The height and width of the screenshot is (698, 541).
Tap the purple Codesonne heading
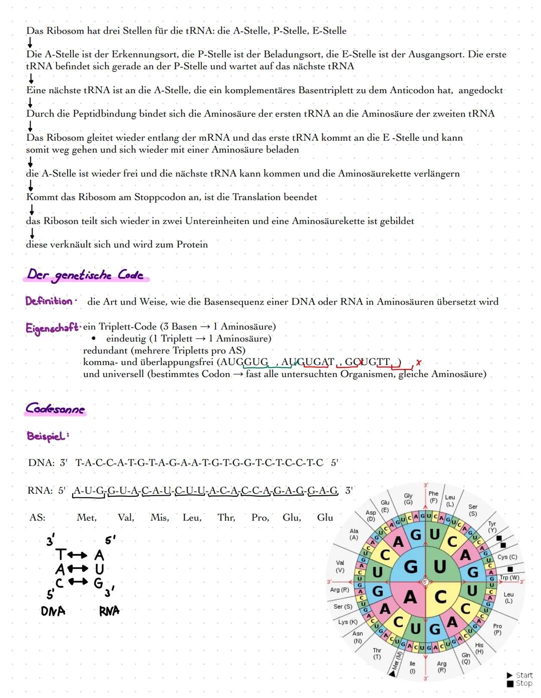pyautogui.click(x=56, y=409)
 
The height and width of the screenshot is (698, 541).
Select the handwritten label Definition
pyautogui.click(x=49, y=301)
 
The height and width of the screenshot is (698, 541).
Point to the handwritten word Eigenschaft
pyautogui.click(x=52, y=328)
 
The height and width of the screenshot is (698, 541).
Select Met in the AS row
pyautogui.click(x=86, y=518)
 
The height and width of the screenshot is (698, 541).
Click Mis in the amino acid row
pyautogui.click(x=160, y=518)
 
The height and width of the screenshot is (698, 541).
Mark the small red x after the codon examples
pyautogui.click(x=419, y=362)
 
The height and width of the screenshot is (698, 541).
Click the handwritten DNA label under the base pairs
pyautogui.click(x=53, y=611)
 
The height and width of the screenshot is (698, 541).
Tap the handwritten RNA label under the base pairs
pyautogui.click(x=109, y=611)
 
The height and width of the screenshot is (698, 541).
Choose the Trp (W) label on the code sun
pyautogui.click(x=509, y=577)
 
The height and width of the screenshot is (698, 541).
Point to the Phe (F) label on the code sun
pyautogui.click(x=433, y=497)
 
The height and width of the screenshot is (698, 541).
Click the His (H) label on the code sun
pyautogui.click(x=479, y=648)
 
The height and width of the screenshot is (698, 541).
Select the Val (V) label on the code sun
pyautogui.click(x=340, y=566)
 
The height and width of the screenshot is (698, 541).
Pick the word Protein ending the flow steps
pyautogui.click(x=192, y=244)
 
